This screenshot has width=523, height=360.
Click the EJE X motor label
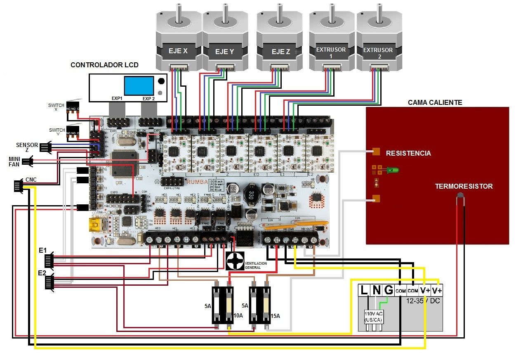click(x=178, y=51)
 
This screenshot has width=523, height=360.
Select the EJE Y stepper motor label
click(x=224, y=52)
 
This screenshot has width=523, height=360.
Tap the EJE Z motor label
click(x=280, y=52)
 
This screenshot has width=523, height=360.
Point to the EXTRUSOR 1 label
click(x=330, y=52)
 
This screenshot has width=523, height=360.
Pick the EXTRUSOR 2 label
click(x=378, y=53)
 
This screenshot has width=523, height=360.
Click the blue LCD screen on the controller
click(x=139, y=85)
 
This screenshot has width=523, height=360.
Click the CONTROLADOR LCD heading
click(x=104, y=65)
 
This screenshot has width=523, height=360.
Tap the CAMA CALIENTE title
click(x=435, y=102)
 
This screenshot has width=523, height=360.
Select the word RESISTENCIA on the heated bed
click(x=408, y=153)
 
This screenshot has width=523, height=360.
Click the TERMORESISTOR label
click(x=464, y=186)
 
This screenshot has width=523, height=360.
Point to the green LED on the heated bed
click(x=394, y=170)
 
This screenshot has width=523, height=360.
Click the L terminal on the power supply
click(x=364, y=290)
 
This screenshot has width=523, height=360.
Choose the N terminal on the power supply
click(x=376, y=290)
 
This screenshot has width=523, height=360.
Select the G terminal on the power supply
click(x=388, y=290)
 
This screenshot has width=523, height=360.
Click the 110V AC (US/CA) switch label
click(x=373, y=317)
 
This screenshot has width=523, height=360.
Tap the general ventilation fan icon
click(x=235, y=261)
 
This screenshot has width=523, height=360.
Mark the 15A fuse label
click(x=275, y=316)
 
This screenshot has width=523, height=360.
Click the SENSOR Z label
click(x=27, y=147)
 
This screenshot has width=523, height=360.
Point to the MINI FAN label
click(x=14, y=161)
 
